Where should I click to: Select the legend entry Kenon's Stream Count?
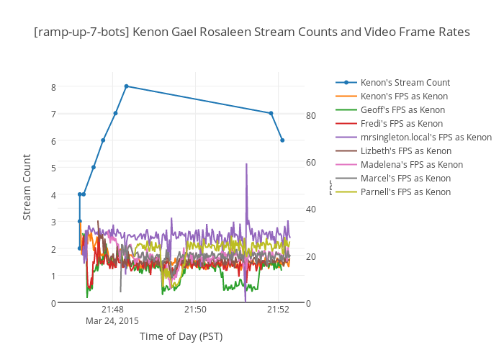(x=405, y=82)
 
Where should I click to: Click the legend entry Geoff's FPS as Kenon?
(x=402, y=109)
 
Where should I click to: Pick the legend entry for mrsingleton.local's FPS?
(x=426, y=137)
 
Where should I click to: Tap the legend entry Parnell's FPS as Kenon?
(x=405, y=192)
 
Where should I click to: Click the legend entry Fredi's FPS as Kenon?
(x=401, y=123)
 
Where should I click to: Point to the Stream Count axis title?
(x=27, y=187)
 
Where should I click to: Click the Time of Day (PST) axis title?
(x=181, y=336)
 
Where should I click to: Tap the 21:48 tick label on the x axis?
(x=112, y=310)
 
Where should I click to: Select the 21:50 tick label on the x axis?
(x=195, y=310)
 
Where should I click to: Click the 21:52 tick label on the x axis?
(x=278, y=310)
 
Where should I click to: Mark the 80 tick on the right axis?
(x=311, y=115)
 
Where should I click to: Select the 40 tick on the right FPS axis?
(x=311, y=209)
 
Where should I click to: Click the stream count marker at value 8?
(x=126, y=86)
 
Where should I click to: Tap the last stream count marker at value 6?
(x=282, y=140)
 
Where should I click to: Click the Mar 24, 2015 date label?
(x=112, y=320)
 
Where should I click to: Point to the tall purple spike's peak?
(x=246, y=164)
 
